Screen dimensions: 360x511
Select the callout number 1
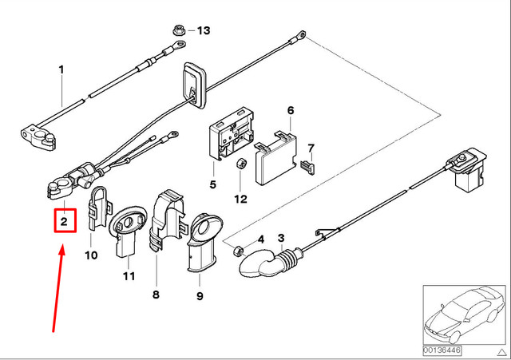pyautogui.click(x=61, y=70)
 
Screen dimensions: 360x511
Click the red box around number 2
pyautogui.click(x=65, y=219)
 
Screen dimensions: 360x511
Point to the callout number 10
pyautogui.click(x=90, y=255)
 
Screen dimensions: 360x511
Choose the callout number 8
pyautogui.click(x=156, y=295)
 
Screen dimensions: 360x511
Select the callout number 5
pyautogui.click(x=213, y=185)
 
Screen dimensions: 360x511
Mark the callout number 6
pyautogui.click(x=291, y=110)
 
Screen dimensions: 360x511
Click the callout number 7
pyautogui.click(x=312, y=148)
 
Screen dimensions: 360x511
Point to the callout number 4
pyautogui.click(x=260, y=239)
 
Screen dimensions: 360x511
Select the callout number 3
pyautogui.click(x=281, y=239)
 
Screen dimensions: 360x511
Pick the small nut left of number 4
pyautogui.click(x=237, y=251)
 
